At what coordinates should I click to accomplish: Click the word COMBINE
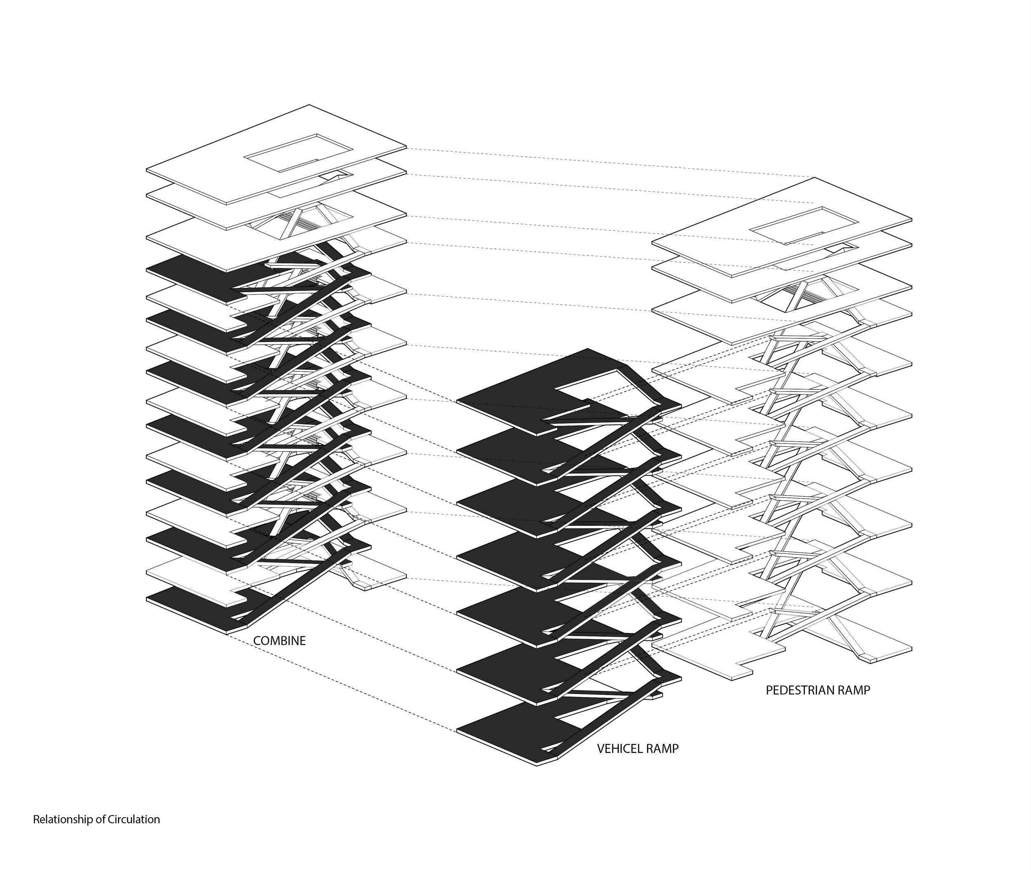279,641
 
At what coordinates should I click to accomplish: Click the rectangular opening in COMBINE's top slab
298,153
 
